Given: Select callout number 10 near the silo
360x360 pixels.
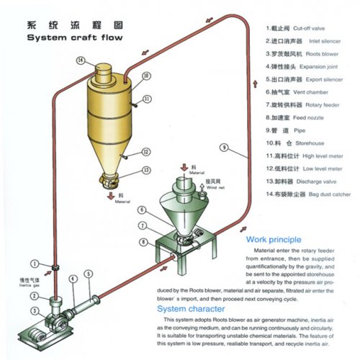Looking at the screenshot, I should click(146, 76).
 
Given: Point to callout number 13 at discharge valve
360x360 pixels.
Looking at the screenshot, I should click(146, 171).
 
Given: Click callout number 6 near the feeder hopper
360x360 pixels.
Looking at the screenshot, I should click(143, 210).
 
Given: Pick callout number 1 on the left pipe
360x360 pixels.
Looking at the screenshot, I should click(34, 262).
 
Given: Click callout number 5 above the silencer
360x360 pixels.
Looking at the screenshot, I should click(89, 274).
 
